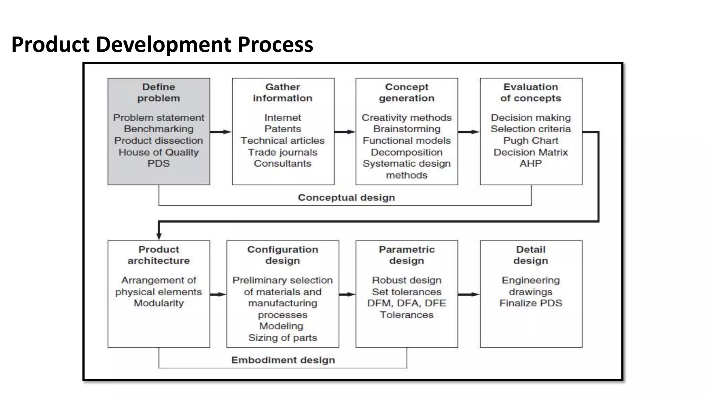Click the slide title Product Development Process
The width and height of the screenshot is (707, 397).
pos(162,44)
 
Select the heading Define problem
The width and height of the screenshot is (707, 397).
pos(158,92)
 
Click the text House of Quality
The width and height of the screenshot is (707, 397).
pos(158,152)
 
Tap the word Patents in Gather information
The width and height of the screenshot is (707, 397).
pos(282,129)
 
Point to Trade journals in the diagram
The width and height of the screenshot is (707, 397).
pos(282,152)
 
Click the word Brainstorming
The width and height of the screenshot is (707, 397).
pos(407,129)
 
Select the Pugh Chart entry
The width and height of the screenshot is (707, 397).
pos(531,141)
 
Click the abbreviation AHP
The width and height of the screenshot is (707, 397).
pos(531,163)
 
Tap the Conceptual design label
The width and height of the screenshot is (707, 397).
pos(346,197)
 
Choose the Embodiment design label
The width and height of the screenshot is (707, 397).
pos(283,360)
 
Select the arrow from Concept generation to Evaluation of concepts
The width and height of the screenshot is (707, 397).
pos(468,132)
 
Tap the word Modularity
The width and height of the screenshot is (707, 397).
pos(158,303)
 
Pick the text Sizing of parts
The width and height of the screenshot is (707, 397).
pos(282,338)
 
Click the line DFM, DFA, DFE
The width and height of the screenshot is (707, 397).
pos(407,303)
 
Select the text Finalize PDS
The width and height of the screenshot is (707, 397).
pos(531,303)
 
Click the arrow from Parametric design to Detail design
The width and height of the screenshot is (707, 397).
pos(468,294)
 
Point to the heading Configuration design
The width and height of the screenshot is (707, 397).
pos(282,255)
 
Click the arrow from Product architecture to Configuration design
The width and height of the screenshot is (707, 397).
pos(218,294)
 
